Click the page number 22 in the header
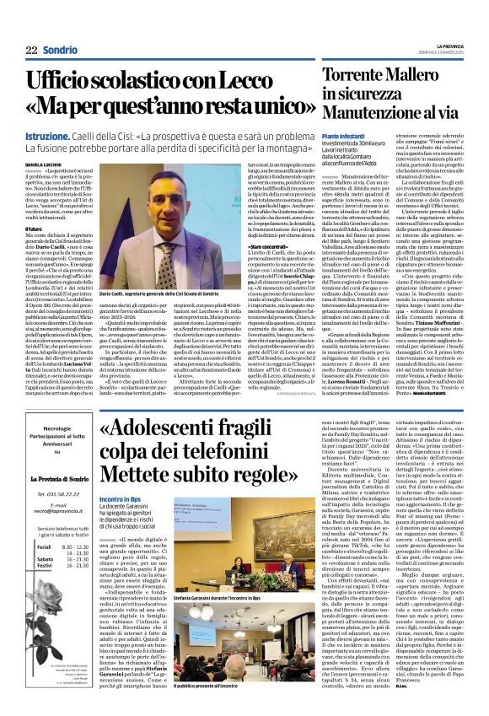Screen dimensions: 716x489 click(x=31, y=51)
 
